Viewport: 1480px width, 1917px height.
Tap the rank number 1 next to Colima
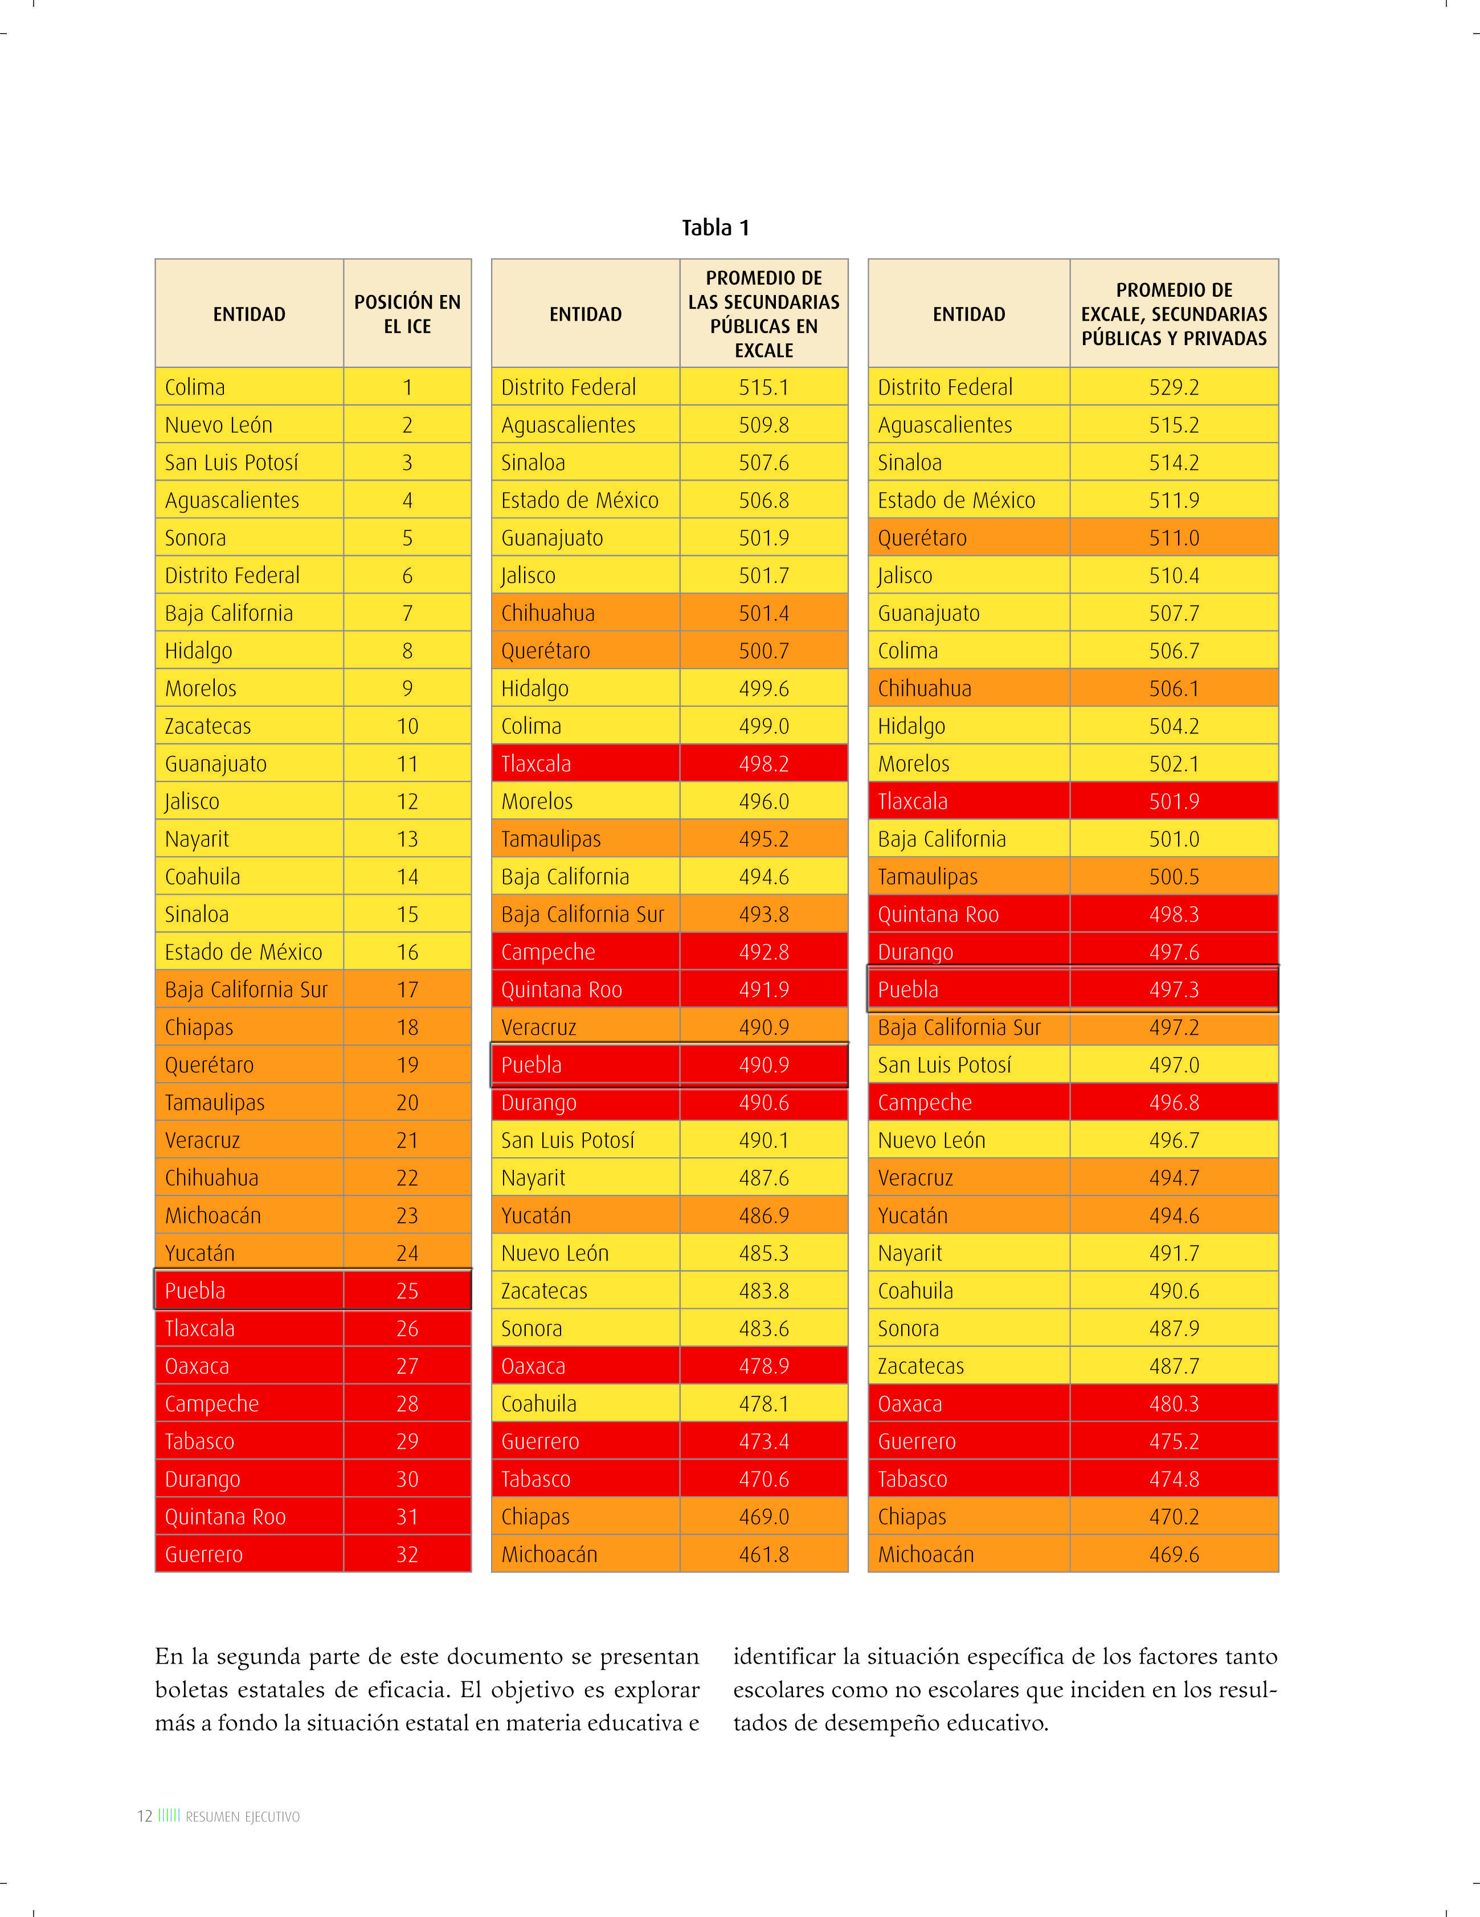407,387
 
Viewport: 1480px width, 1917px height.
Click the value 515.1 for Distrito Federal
764,387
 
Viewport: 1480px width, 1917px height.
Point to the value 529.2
1174,387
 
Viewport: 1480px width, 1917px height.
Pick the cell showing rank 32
407,1554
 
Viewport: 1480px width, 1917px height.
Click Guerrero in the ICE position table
203,1554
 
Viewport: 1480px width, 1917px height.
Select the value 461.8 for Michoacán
764,1554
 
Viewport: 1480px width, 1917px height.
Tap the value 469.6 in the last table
1174,1554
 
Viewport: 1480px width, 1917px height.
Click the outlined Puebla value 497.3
1174,990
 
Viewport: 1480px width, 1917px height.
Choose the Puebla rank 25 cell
407,1291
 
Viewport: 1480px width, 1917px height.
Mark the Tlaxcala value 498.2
764,764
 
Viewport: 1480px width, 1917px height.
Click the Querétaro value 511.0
1174,538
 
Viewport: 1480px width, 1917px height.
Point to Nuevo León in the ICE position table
219,425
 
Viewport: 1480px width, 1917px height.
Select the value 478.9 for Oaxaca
764,1366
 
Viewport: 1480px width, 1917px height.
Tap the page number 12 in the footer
145,1816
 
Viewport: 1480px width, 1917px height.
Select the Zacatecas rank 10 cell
407,726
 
